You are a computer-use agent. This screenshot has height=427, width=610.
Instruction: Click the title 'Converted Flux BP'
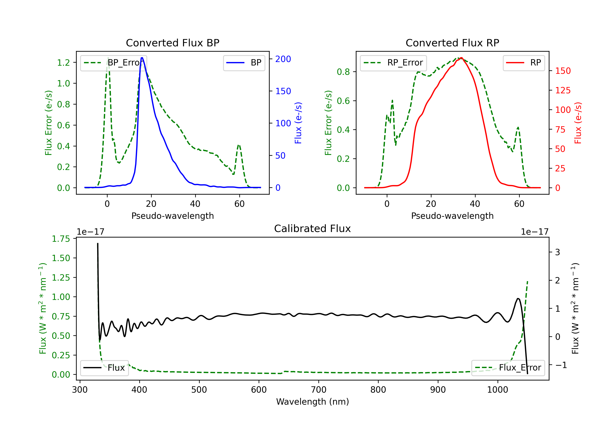pos(172,43)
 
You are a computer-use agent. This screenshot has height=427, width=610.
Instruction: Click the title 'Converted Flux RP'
pos(452,43)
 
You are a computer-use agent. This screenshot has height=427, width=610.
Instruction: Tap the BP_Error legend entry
pos(114,63)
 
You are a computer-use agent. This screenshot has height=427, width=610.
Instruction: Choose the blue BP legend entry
pos(244,63)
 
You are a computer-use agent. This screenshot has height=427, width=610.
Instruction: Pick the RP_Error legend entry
pos(393,63)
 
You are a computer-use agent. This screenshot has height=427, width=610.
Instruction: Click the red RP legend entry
pos(524,63)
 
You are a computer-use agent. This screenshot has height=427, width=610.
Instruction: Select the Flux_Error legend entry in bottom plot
pos(508,368)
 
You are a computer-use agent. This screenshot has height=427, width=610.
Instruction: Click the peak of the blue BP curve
pos(142,58)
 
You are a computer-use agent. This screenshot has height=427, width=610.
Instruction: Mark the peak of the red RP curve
pos(462,58)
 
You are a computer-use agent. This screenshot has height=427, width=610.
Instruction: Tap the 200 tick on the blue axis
pos(283,59)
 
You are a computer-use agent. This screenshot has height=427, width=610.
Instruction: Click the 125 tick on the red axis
pos(563,90)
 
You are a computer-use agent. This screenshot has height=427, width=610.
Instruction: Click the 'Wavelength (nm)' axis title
pos(313,402)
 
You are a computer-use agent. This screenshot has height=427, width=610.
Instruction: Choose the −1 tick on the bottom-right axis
pos(561,365)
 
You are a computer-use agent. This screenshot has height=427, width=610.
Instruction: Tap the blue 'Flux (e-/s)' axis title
pos(298,123)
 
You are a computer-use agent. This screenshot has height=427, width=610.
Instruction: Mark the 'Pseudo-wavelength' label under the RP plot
pos(452,216)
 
